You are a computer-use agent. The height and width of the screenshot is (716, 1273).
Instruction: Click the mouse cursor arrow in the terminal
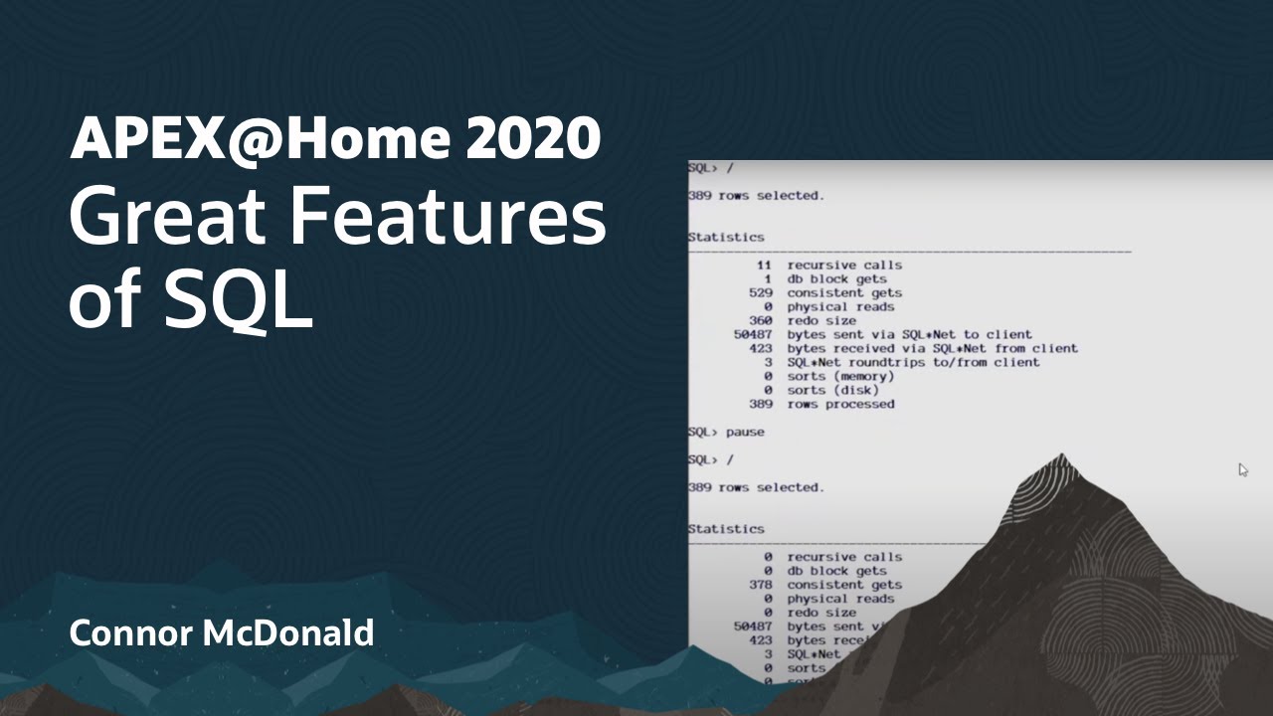click(x=1243, y=469)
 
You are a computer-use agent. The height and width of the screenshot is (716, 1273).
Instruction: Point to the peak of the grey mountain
click(x=1061, y=457)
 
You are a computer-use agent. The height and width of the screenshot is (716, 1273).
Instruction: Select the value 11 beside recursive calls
click(x=764, y=266)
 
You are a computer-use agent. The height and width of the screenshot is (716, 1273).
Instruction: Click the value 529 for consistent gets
click(x=761, y=293)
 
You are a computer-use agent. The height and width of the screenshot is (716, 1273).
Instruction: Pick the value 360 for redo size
click(x=761, y=321)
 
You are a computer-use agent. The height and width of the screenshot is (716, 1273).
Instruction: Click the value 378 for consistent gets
click(x=761, y=585)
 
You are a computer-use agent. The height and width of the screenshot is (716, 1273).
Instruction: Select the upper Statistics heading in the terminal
click(x=726, y=238)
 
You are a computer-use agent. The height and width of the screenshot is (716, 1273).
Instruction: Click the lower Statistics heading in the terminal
click(x=726, y=529)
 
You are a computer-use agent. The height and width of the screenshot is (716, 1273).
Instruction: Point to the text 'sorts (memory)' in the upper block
click(x=834, y=377)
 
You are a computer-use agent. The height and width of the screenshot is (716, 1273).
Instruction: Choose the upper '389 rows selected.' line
click(x=756, y=196)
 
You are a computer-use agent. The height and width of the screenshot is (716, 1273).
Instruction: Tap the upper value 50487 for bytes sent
click(x=754, y=335)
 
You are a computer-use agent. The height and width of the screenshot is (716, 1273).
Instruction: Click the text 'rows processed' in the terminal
click(x=840, y=405)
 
